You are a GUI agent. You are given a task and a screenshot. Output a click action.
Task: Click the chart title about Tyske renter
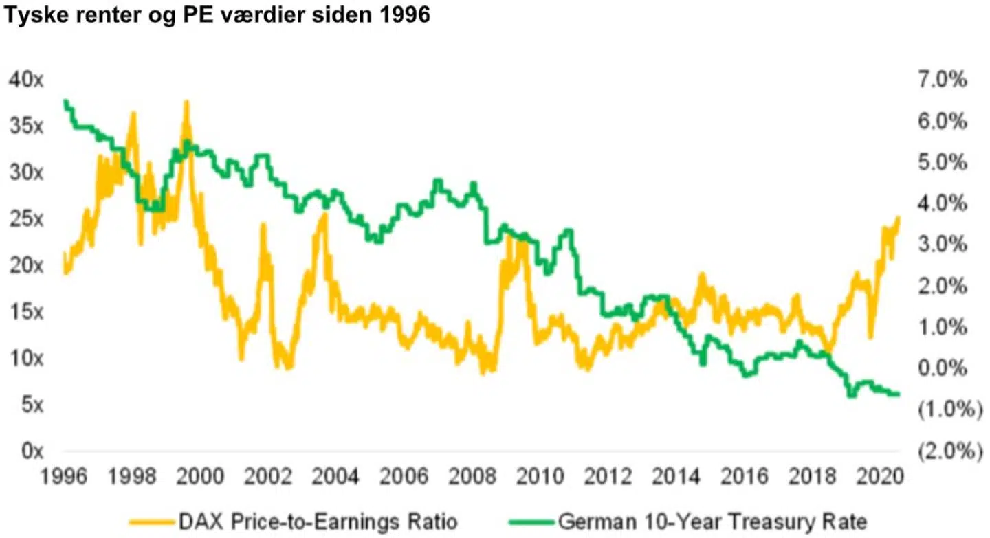pos(217,15)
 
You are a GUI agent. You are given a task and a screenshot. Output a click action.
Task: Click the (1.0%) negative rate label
pos(946,410)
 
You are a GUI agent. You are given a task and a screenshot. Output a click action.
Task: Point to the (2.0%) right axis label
pos(946,451)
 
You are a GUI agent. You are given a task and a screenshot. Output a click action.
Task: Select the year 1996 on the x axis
pos(64,476)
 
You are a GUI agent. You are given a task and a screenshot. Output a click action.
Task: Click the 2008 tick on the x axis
pos(474,476)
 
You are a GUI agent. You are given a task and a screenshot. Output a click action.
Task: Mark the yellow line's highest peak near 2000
pos(186,102)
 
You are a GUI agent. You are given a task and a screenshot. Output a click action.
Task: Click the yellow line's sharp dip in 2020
pos(870,337)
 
